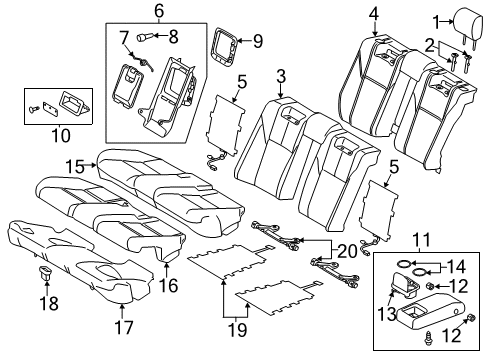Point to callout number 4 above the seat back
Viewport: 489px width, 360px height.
(373, 13)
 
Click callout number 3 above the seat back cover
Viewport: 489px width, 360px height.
(282, 75)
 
